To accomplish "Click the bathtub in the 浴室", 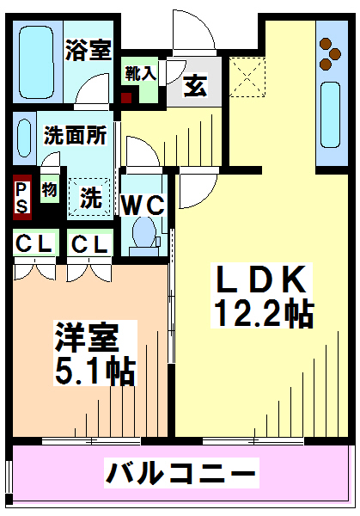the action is (x=36, y=62).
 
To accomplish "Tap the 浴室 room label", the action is (x=88, y=50).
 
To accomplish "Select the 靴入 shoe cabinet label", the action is (x=140, y=73).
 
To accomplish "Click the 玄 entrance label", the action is (x=196, y=85).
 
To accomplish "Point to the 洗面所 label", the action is (x=76, y=135).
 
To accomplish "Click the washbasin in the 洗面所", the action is (x=24, y=138).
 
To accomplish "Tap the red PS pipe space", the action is (x=22, y=197).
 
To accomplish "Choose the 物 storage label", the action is (x=50, y=189).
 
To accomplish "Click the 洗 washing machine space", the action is (x=89, y=197).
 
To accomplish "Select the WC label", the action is (x=143, y=206).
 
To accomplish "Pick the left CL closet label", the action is (x=34, y=244).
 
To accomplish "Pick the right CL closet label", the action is (x=89, y=244).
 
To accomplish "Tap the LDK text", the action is (x=261, y=279).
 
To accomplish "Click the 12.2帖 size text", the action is (x=264, y=312).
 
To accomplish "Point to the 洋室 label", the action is (x=87, y=337).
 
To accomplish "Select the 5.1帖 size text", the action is (x=95, y=370).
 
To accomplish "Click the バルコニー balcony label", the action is (x=180, y=473).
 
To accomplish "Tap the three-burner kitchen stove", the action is (x=330, y=54).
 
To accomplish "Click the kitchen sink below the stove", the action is (x=331, y=114).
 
